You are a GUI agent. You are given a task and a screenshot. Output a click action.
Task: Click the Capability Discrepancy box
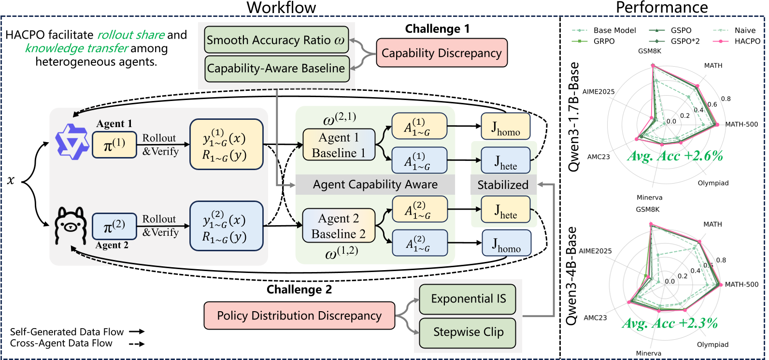[442, 53]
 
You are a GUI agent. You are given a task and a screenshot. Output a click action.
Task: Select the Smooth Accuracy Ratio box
[276, 40]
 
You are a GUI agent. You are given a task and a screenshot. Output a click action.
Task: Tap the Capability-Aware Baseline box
[277, 69]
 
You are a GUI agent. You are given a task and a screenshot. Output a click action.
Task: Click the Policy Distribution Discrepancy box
[299, 316]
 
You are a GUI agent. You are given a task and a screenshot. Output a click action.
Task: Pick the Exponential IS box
[468, 299]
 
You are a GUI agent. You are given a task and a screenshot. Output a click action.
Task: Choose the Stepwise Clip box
[468, 332]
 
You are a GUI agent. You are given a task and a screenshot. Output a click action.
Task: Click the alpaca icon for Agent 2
[71, 226]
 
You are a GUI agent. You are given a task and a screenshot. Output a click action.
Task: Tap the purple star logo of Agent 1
[72, 142]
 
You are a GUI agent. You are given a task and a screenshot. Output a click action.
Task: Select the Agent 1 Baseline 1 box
[339, 144]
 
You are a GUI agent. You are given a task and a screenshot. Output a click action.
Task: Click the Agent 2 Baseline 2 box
[339, 226]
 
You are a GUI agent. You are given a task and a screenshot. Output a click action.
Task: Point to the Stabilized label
[503, 185]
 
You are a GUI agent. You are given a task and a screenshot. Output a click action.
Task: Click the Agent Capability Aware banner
[375, 185]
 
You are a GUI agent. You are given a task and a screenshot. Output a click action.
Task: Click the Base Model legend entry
[604, 30]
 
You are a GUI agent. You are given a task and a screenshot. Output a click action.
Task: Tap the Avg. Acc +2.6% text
[675, 156]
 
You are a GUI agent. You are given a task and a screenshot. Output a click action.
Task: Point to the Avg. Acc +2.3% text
[670, 323]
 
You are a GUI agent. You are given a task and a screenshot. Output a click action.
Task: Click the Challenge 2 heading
[299, 289]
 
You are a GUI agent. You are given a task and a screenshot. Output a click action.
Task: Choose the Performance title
[662, 7]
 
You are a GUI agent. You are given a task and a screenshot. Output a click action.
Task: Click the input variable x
[11, 180]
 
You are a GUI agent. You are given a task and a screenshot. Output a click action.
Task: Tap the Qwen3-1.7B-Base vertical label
[573, 117]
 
